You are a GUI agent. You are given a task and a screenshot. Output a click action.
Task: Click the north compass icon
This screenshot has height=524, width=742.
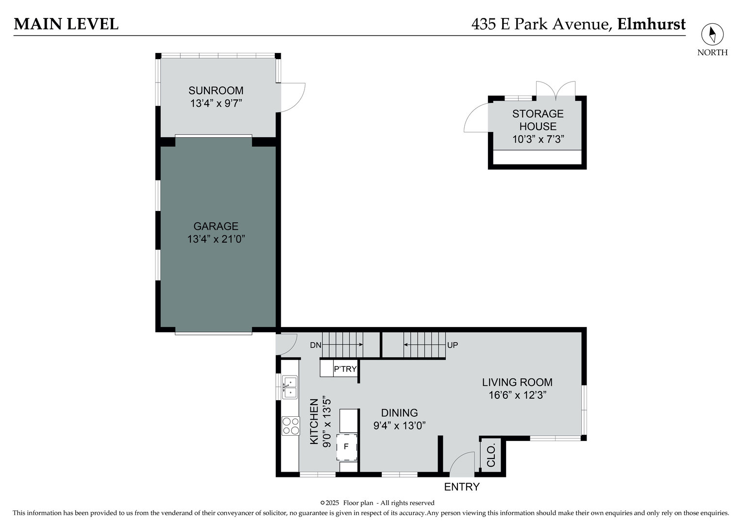(712, 34)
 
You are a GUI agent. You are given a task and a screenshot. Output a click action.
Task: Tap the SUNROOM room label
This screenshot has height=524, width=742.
(216, 91)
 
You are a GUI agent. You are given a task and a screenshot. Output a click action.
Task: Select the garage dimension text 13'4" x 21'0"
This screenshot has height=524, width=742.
(216, 239)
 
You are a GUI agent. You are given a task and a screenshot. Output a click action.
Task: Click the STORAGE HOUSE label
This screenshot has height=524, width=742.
(538, 120)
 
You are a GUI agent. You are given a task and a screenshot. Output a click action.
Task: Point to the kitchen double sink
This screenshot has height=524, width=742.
(290, 387)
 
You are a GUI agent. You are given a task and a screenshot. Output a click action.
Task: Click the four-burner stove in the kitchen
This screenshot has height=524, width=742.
(290, 426)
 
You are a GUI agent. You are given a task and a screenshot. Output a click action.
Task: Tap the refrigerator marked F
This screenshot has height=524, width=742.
(346, 446)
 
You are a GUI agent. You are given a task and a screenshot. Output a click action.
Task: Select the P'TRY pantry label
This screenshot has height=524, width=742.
(345, 369)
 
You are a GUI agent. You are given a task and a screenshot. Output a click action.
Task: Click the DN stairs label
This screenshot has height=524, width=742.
(316, 345)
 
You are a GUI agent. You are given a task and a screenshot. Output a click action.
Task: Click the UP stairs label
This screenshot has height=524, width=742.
(453, 345)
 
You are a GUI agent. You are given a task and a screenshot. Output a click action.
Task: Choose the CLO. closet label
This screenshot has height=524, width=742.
(491, 455)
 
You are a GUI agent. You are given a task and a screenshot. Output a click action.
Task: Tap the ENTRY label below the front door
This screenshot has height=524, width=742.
(462, 487)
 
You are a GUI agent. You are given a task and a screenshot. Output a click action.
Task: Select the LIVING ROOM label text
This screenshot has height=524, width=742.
(517, 382)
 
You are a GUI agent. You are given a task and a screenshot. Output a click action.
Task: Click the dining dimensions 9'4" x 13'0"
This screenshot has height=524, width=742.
(399, 426)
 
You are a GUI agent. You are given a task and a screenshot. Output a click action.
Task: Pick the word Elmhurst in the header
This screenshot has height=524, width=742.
(651, 24)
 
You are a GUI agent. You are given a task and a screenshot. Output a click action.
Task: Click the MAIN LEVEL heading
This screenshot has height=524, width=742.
(66, 24)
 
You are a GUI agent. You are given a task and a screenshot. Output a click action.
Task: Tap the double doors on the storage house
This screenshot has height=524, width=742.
(556, 89)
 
